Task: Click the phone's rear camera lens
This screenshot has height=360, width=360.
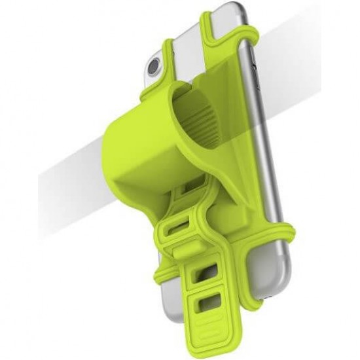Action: pyautogui.click(x=155, y=67)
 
